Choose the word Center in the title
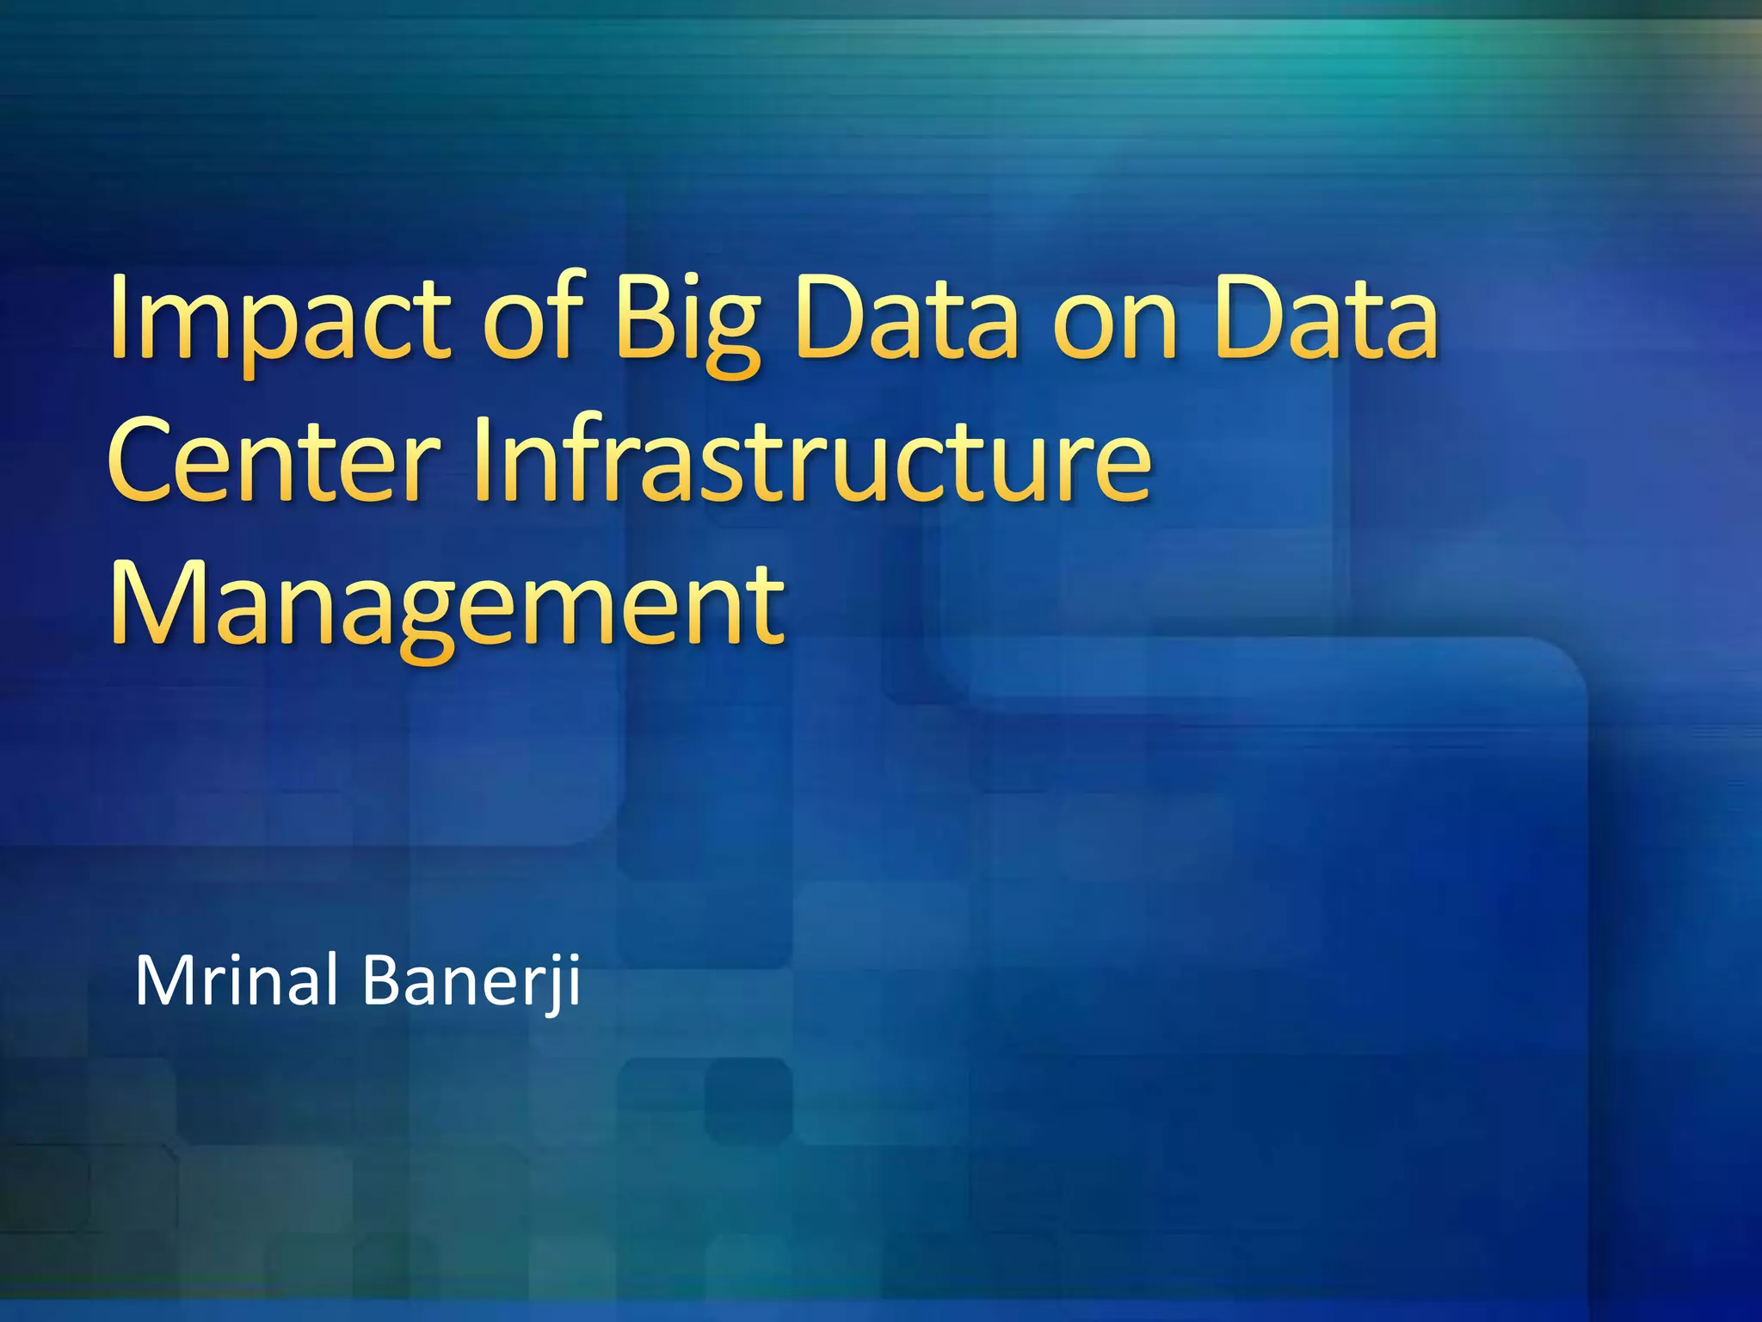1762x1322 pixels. [x=274, y=461]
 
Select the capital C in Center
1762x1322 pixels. [x=143, y=461]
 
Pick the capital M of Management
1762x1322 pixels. [x=155, y=602]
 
